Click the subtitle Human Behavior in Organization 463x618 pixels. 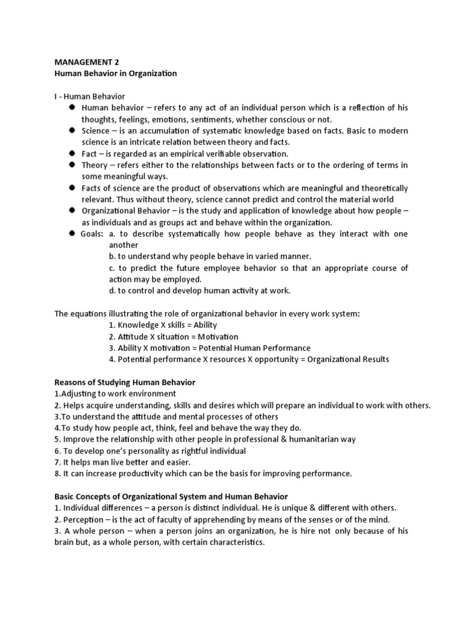point(116,73)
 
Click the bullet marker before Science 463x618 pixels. point(72,130)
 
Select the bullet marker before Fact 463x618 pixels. point(72,153)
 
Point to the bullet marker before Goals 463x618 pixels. point(72,234)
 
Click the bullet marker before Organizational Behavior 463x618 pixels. point(72,211)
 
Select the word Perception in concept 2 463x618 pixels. point(83,520)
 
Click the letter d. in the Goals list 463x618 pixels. point(112,291)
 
